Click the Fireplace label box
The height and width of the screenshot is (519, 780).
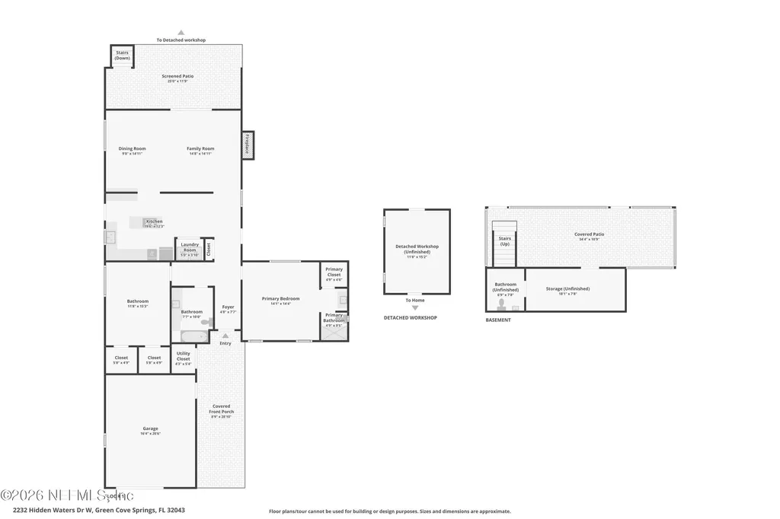coord(248,145)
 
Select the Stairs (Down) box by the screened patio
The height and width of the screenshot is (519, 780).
coord(122,56)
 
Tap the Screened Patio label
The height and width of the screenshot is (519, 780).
coord(177,78)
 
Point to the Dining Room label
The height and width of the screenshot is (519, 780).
coord(132,150)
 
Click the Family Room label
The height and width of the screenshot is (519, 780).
coord(201,150)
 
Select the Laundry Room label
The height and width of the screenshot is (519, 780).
coord(190,247)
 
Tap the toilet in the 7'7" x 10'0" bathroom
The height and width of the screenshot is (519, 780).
coord(205,322)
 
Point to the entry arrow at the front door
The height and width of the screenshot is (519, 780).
coord(225,334)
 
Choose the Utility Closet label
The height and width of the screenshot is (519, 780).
coord(184,358)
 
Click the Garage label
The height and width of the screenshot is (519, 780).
coord(150,430)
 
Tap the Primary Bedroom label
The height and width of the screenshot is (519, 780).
coord(280,300)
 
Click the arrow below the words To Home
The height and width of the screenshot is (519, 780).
coord(415,307)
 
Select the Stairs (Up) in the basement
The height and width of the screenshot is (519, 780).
coord(504,241)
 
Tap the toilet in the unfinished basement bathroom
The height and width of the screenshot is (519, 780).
coord(501,304)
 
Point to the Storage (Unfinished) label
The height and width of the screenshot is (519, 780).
coord(567,290)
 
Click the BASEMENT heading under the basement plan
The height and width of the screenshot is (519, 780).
coord(498,320)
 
